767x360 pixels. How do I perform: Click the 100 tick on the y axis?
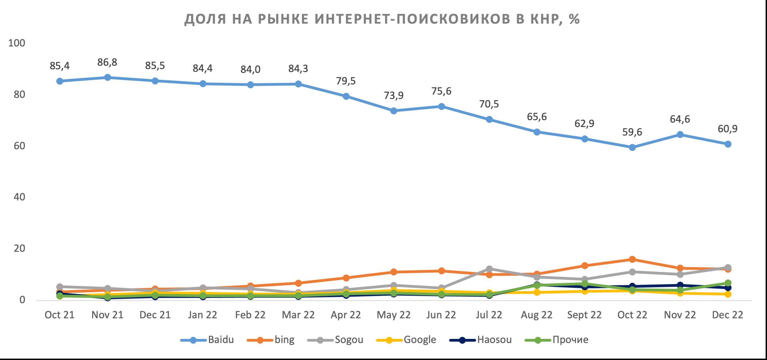pyautogui.click(x=17, y=43)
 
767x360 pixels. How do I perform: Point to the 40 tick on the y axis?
pyautogui.click(x=19, y=197)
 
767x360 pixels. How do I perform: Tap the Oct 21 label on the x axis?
pyautogui.click(x=60, y=315)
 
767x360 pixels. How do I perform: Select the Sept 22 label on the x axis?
pyautogui.click(x=584, y=315)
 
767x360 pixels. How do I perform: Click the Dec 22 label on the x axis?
pyautogui.click(x=727, y=315)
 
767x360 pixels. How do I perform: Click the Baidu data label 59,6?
pyautogui.click(x=632, y=132)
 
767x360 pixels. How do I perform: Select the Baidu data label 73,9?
pyautogui.click(x=394, y=96)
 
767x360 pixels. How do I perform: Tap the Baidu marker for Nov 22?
pyautogui.click(x=680, y=135)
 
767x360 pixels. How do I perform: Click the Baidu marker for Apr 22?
pyautogui.click(x=346, y=96)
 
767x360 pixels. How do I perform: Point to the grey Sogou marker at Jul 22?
pyautogui.click(x=489, y=269)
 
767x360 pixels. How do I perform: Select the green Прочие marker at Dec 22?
pyautogui.click(x=728, y=283)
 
